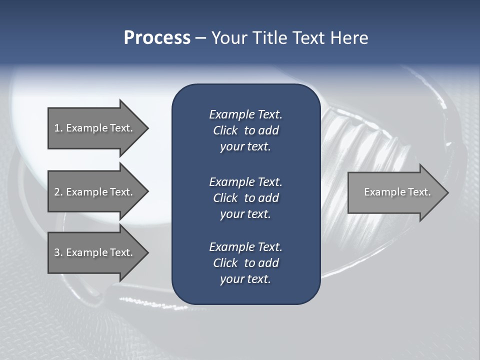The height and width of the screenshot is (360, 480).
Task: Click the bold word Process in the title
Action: [157, 38]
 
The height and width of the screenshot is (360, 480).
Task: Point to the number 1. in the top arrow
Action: [58, 128]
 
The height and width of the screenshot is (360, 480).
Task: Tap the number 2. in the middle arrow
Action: [58, 192]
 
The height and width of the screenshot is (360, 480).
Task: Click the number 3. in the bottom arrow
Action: [58, 252]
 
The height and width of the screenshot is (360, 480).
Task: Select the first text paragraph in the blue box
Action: [245, 130]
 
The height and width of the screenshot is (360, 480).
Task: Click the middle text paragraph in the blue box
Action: [245, 197]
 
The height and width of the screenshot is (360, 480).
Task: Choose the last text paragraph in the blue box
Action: [245, 263]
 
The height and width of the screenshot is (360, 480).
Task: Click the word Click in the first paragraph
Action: [225, 130]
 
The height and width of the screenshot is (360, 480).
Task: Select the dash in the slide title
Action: [200, 38]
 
